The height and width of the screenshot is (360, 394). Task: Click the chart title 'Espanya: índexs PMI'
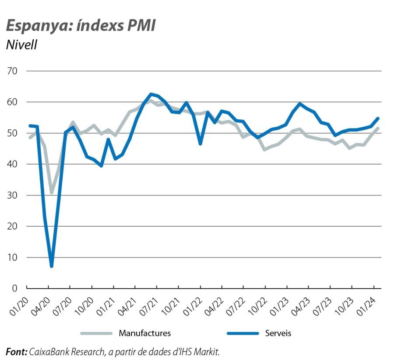point(81,26)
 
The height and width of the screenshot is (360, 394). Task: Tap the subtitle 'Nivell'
point(21,45)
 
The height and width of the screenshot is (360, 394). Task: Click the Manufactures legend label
point(144,333)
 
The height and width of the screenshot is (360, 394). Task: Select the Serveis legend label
point(278,333)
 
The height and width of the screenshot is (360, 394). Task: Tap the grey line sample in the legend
point(96,333)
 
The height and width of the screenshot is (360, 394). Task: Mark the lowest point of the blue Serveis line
point(52,266)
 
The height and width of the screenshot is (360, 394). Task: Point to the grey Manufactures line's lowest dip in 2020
point(52,192)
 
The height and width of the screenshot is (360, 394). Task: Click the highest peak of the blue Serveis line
point(151,94)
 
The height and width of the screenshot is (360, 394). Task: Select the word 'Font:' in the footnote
point(16,351)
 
